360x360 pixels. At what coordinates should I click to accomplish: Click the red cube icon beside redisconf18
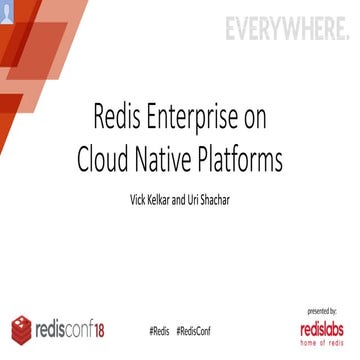click(23, 328)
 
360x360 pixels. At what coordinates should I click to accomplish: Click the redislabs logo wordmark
click(319, 326)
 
